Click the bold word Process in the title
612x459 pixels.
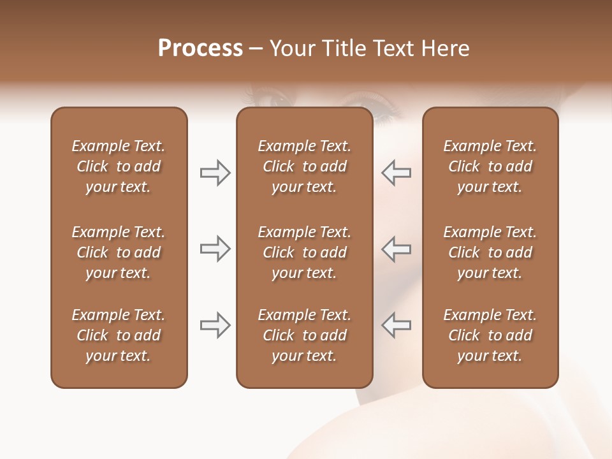coord(200,48)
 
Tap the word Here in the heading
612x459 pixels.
coord(445,48)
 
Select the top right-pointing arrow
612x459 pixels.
coord(215,173)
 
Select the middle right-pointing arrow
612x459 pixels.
coord(215,249)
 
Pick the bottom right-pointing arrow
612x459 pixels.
coord(215,325)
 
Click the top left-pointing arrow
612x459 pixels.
coord(397,173)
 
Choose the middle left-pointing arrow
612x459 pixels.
coord(397,249)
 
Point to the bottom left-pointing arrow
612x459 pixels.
coord(397,325)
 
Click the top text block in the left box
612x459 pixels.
coord(119,166)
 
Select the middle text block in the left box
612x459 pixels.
coord(119,252)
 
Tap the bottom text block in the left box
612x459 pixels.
coord(119,335)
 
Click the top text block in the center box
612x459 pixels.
coord(304,166)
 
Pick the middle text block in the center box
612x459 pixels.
coord(304,252)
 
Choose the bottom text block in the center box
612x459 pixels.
coord(304,335)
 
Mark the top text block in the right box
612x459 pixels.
coord(490,166)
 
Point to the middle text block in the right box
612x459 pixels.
coord(490,252)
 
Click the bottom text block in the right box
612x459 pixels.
coord(490,335)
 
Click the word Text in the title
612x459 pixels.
coord(394,48)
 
